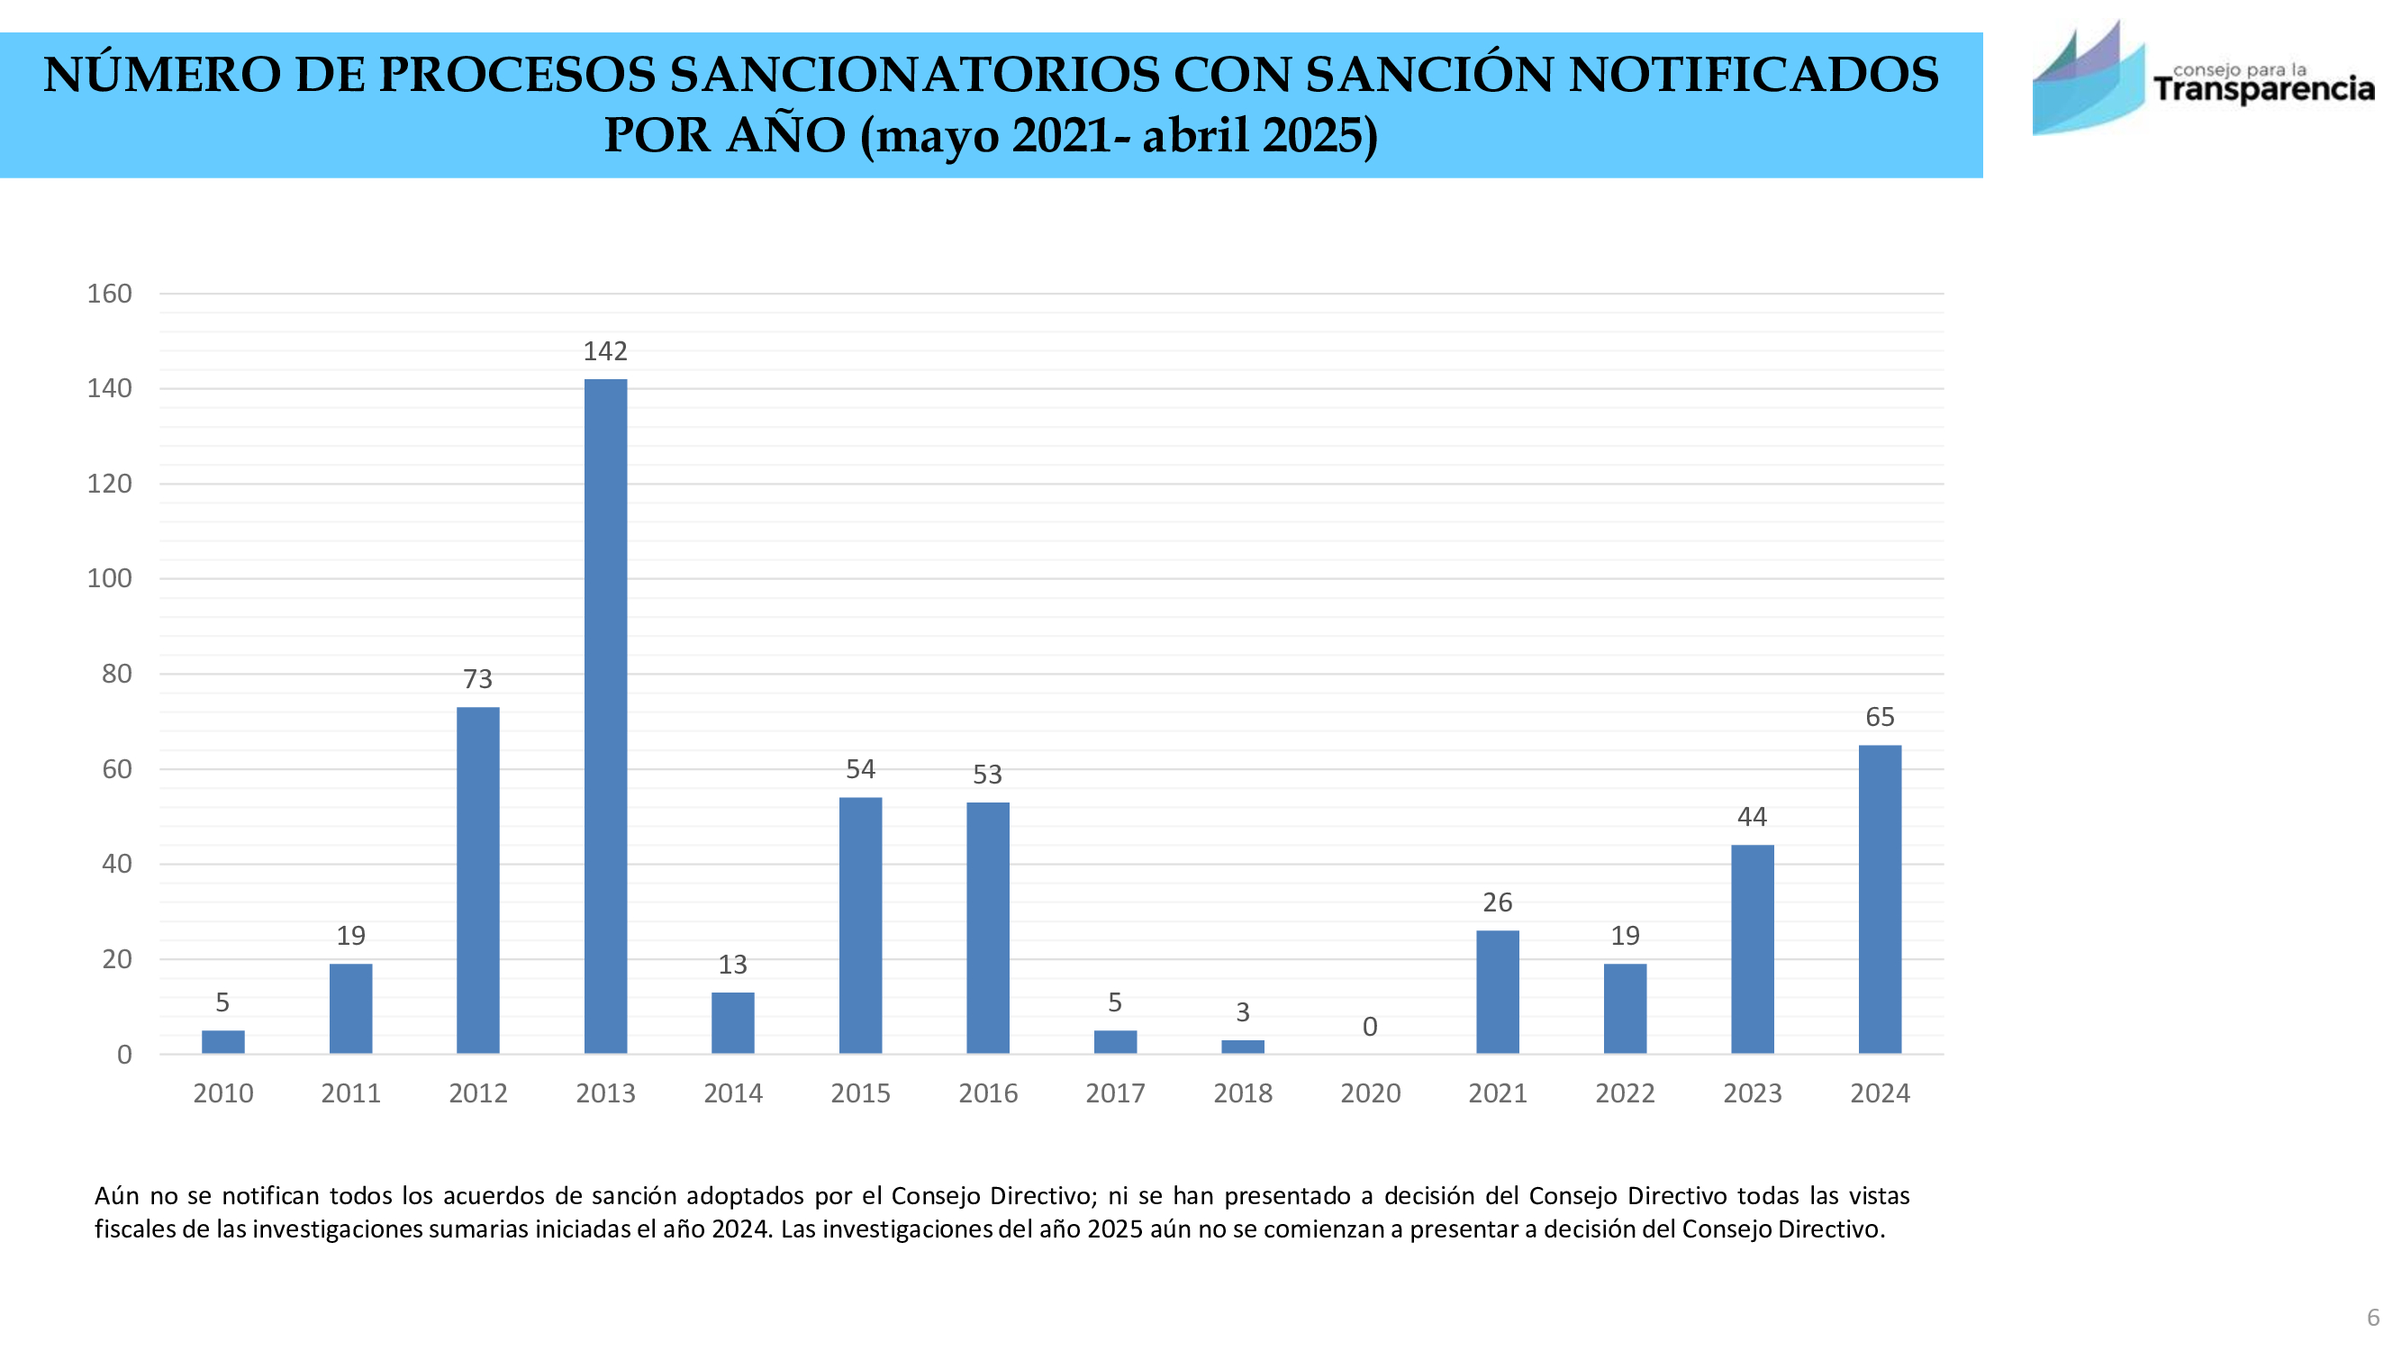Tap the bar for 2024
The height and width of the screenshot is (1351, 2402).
(x=1879, y=899)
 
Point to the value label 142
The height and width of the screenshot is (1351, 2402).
(x=605, y=351)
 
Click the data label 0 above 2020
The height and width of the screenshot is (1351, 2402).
(x=1369, y=1027)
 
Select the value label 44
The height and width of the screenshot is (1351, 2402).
(x=1751, y=817)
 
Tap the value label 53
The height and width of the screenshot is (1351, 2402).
(x=986, y=774)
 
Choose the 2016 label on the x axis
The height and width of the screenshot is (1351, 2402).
(x=987, y=1093)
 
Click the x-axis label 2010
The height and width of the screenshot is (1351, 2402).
(x=222, y=1093)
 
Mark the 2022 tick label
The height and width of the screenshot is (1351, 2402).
(x=1625, y=1093)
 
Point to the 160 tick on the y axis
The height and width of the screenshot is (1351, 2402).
(x=110, y=294)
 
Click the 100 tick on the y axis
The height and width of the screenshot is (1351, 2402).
(x=110, y=578)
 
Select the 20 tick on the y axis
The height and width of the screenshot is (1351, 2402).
(x=116, y=958)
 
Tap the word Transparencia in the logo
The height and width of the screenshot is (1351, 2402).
(x=2263, y=90)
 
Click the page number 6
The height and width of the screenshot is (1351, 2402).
(x=2373, y=1318)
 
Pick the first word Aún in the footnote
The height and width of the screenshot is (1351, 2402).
(x=116, y=1195)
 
